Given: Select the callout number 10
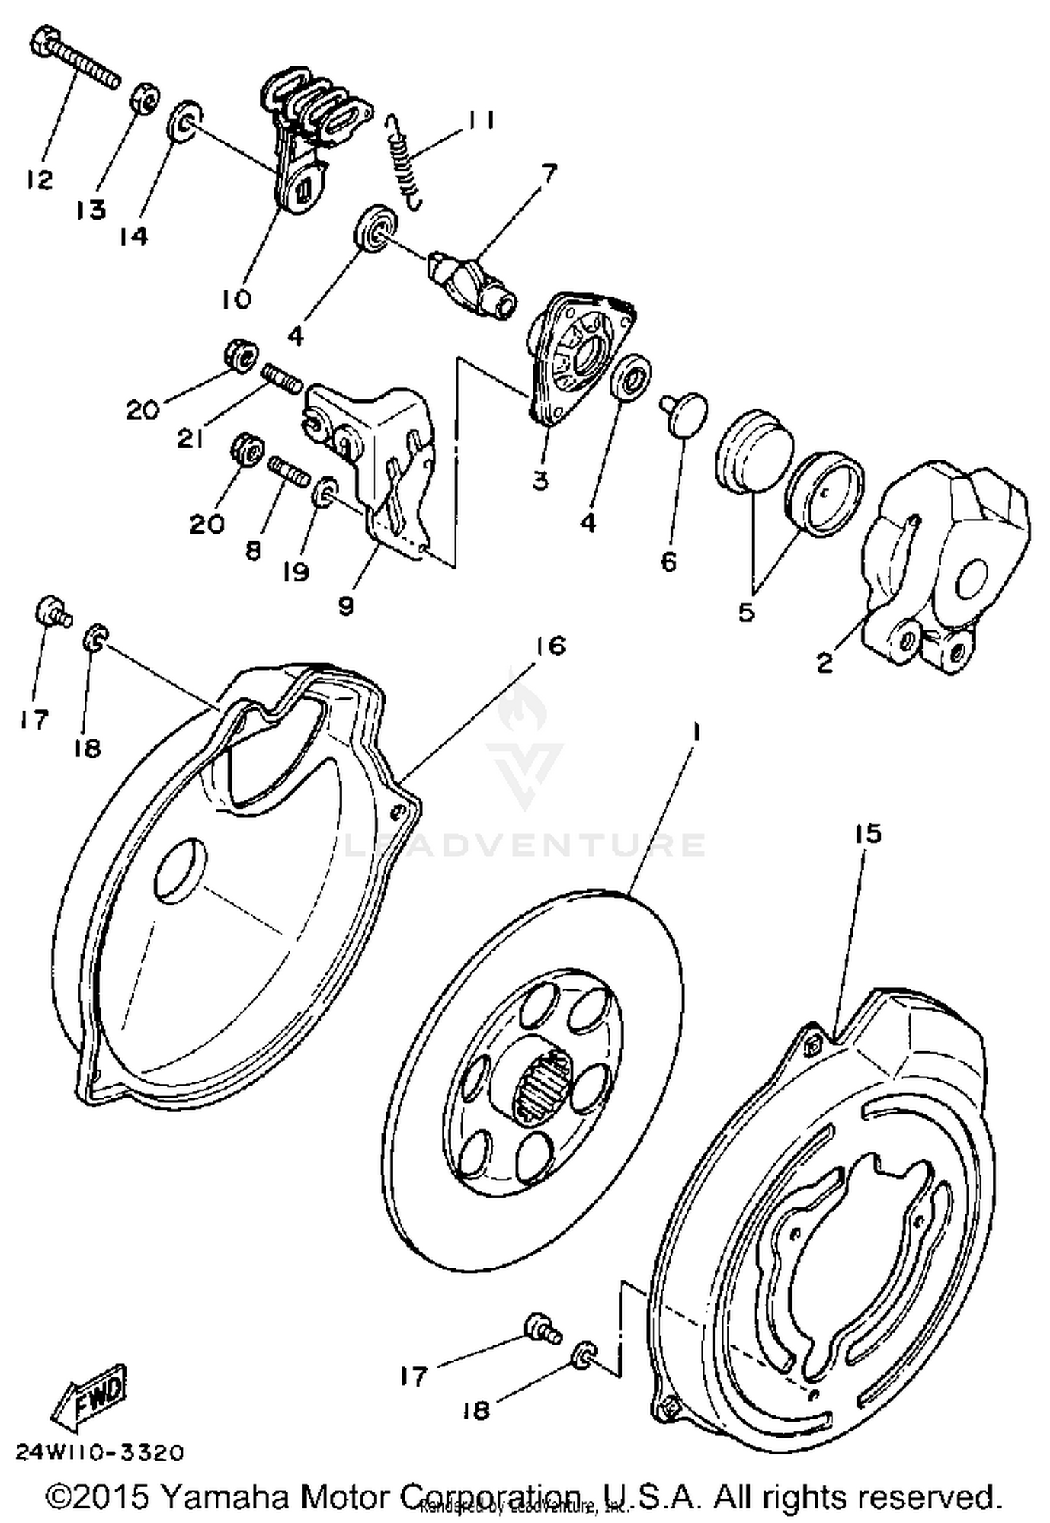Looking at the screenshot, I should (236, 299).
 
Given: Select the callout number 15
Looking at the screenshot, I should (867, 834).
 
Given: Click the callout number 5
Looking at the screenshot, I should (746, 612).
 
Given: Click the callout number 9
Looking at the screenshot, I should (346, 605).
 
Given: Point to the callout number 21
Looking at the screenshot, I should (190, 439).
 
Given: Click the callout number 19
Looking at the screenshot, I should (296, 572).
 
